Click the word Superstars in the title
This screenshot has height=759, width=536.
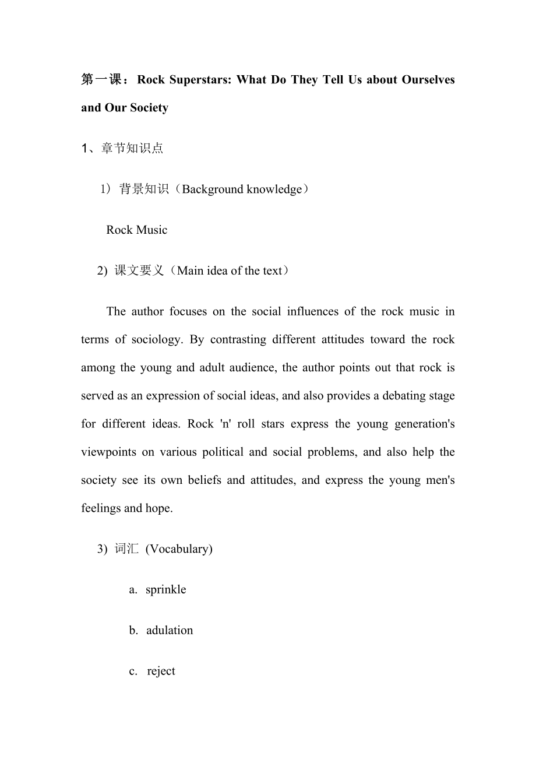click(200, 79)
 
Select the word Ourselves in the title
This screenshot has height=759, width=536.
click(428, 79)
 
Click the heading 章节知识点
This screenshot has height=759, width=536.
click(132, 148)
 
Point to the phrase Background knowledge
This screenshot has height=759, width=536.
click(242, 189)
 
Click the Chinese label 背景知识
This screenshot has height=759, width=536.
click(144, 189)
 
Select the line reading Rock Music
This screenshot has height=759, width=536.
click(136, 230)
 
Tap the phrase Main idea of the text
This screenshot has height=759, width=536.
click(229, 270)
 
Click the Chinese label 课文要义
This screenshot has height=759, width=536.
click(139, 270)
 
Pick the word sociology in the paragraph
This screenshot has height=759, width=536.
click(154, 339)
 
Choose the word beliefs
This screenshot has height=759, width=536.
click(202, 480)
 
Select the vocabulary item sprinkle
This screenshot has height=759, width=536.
click(165, 589)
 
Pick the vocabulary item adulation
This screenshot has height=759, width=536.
click(170, 630)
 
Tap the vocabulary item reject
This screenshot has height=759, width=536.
click(161, 671)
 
